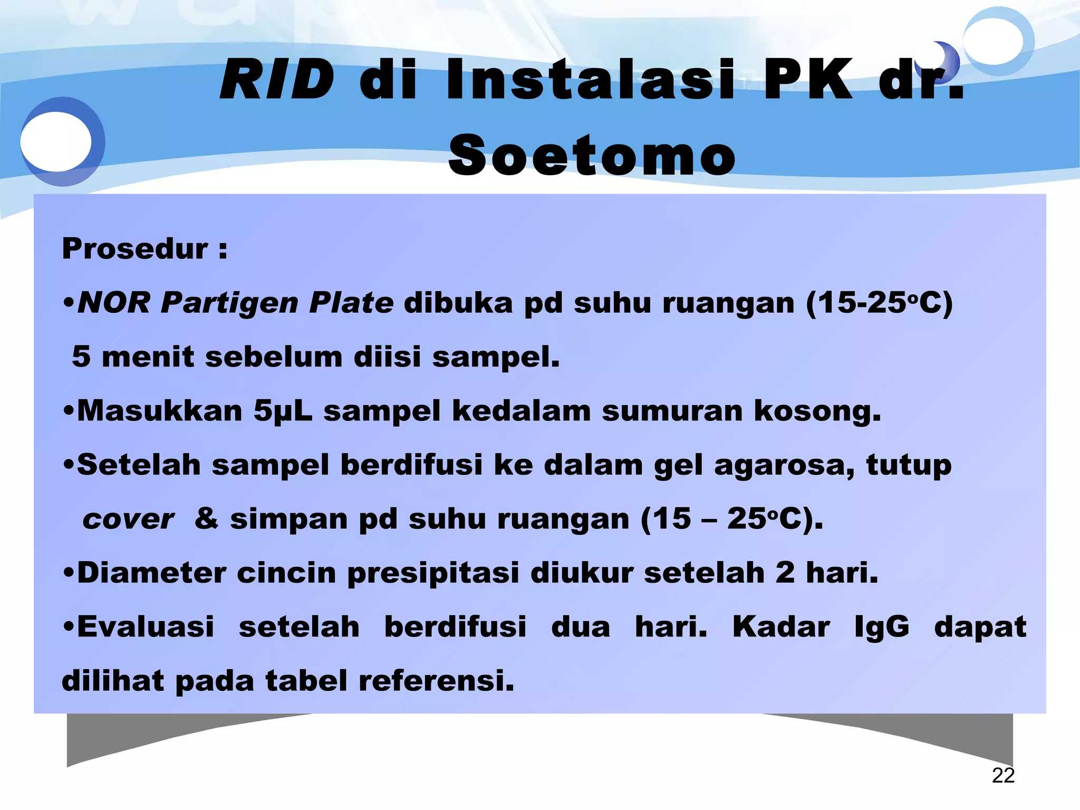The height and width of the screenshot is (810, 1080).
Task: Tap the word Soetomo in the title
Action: point(592,155)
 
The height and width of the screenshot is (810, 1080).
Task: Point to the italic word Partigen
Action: point(229,304)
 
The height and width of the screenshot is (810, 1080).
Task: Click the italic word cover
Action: point(128,519)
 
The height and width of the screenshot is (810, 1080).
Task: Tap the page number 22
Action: point(1003,775)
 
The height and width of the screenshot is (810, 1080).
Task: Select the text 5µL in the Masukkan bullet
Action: point(283,411)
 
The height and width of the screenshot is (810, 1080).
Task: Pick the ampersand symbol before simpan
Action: point(206,518)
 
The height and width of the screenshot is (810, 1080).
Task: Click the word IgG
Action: point(882,627)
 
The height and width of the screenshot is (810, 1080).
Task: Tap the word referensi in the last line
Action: point(436,681)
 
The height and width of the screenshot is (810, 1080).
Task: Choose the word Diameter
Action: point(151,573)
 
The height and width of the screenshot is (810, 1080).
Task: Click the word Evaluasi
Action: point(146,627)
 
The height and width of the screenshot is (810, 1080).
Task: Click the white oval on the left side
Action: point(56,141)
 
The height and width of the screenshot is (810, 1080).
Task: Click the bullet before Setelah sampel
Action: point(68,466)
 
